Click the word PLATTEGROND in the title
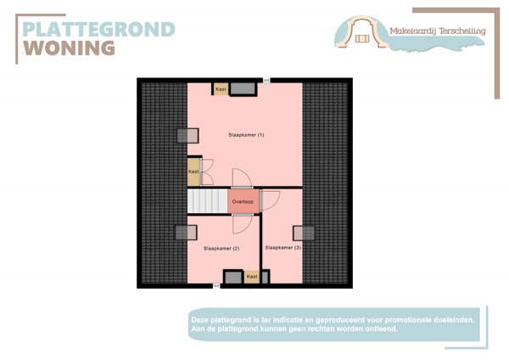click(98, 29)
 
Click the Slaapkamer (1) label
click(246, 135)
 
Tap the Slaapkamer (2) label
click(221, 248)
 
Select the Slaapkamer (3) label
click(282, 247)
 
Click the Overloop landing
click(243, 201)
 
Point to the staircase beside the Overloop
click(207, 202)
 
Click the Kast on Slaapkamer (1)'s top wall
click(221, 89)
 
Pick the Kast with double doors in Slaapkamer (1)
click(194, 171)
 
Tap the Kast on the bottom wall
click(252, 277)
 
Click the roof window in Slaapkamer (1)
click(187, 136)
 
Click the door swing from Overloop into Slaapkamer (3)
click(270, 200)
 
